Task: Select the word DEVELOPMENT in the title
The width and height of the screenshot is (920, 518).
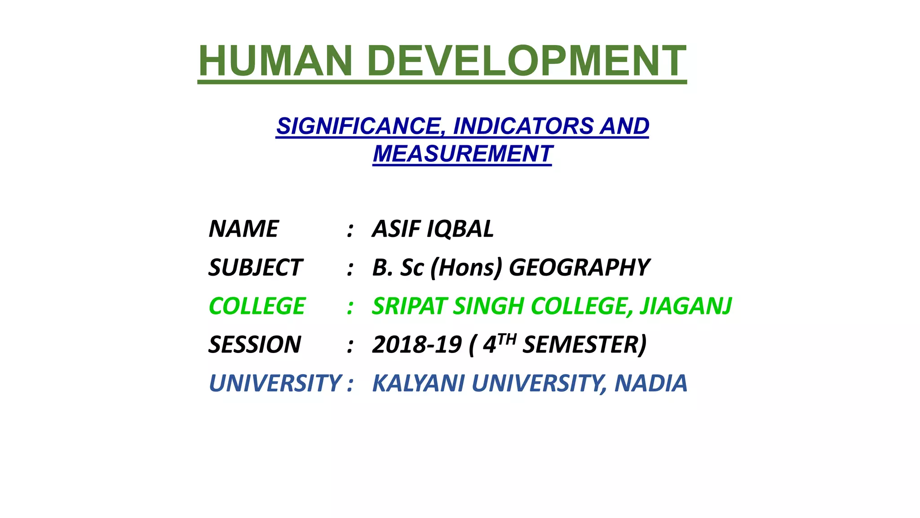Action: [526, 61]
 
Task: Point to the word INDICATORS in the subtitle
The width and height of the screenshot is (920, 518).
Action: [523, 126]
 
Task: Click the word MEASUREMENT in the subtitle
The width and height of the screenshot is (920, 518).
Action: [462, 154]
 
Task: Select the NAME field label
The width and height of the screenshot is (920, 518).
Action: [243, 229]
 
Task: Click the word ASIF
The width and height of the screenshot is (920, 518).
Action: [396, 229]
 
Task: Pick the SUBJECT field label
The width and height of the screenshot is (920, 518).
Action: [255, 268]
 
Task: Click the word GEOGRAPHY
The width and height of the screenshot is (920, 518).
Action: [579, 268]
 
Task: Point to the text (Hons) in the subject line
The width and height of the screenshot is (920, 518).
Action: [466, 268]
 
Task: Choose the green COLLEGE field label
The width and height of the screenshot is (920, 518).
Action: [257, 306]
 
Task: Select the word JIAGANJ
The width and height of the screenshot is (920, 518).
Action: [686, 306]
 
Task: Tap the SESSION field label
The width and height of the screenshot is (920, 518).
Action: [255, 345]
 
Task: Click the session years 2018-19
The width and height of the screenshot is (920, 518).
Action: [417, 345]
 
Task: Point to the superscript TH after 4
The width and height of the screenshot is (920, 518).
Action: [507, 339]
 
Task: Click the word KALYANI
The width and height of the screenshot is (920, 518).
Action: [419, 384]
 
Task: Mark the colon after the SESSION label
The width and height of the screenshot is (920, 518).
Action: [350, 346]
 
